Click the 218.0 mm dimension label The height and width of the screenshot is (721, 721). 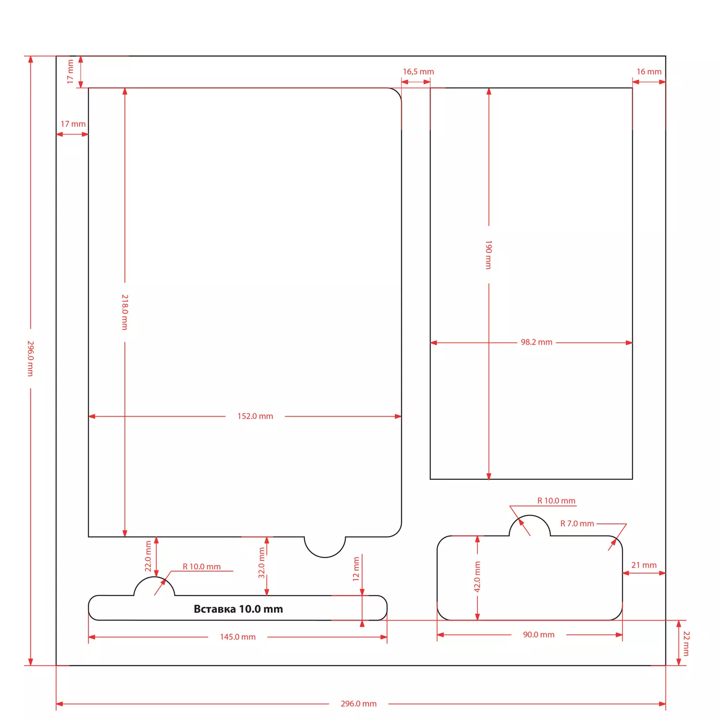(x=124, y=312)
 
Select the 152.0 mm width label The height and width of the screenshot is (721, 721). (x=255, y=416)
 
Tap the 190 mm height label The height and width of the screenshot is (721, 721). (x=488, y=255)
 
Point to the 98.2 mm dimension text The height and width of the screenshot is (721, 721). (x=536, y=342)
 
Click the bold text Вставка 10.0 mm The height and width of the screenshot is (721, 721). (x=238, y=609)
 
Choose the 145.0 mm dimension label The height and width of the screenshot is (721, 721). (x=237, y=637)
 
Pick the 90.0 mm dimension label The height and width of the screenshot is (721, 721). (x=539, y=634)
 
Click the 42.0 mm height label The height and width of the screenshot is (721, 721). (x=477, y=577)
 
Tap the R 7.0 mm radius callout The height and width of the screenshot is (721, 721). (x=577, y=523)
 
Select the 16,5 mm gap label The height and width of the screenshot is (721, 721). (x=418, y=72)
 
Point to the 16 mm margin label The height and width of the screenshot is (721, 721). (x=649, y=72)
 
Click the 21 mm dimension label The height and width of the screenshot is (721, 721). (x=644, y=565)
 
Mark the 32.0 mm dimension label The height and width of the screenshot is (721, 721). (x=261, y=563)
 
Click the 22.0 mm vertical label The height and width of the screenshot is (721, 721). (x=148, y=557)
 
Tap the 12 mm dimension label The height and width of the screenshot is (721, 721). (x=356, y=569)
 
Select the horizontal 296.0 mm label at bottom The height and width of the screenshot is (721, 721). (x=359, y=704)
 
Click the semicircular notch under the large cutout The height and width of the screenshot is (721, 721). (x=325, y=557)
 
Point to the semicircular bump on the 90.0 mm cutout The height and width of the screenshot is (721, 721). (x=530, y=516)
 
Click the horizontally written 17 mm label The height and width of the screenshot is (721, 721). (x=73, y=124)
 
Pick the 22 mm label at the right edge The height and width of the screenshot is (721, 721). (x=686, y=644)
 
